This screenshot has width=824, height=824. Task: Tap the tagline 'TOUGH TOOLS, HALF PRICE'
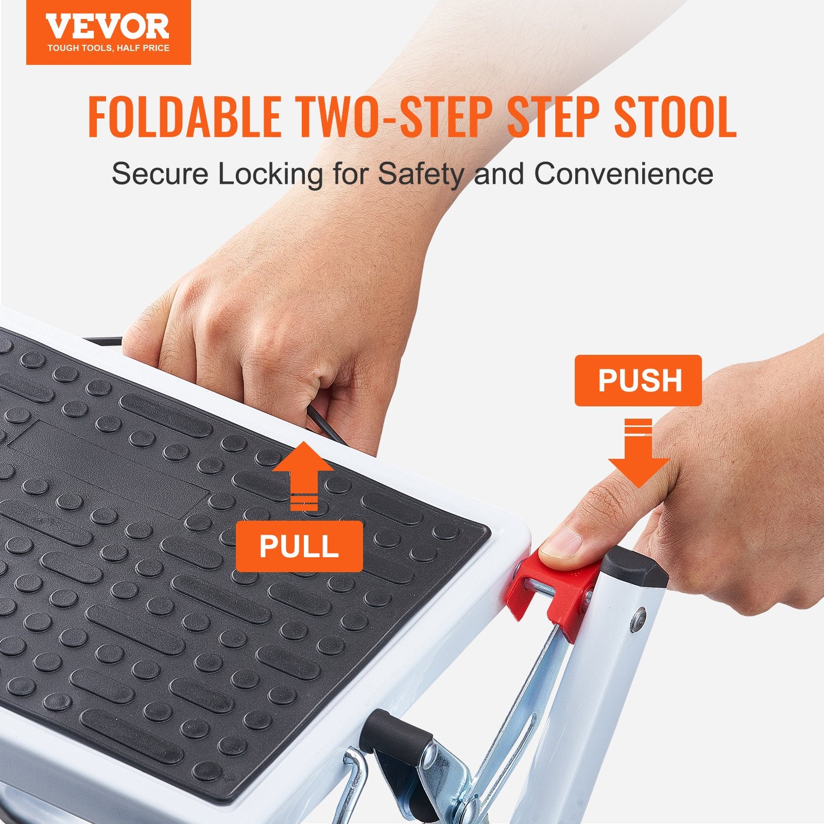pos(108,48)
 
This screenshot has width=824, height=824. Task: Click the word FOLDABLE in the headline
pos(184,117)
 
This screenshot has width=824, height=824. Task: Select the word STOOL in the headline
pos(675,117)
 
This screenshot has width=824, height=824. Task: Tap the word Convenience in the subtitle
pos(623,174)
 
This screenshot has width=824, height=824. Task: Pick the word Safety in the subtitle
pos(421,174)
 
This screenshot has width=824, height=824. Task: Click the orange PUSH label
pos(638,381)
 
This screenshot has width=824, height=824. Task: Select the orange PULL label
pos(299,546)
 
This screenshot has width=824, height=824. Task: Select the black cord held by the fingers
pos(324,422)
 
